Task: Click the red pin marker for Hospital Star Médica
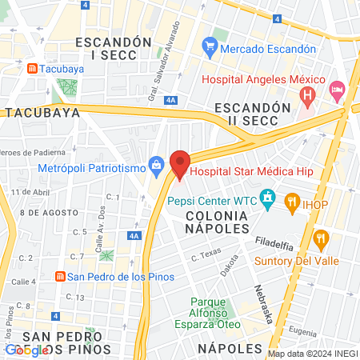(180, 164)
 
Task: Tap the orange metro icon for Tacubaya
(32, 69)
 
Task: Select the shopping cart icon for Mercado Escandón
(210, 48)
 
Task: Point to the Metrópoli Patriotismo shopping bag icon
(157, 168)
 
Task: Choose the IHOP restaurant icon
(292, 204)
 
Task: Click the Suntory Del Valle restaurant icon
(322, 238)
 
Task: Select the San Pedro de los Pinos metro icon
(59, 277)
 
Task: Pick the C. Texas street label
(206, 256)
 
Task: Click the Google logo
(26, 350)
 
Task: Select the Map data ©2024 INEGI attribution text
(312, 354)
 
